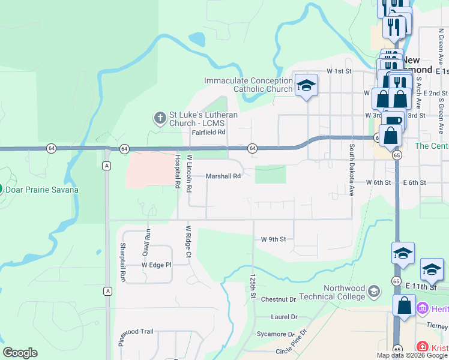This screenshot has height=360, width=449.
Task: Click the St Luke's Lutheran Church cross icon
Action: [x=160, y=118]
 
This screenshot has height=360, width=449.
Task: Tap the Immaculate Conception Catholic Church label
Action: [x=248, y=85]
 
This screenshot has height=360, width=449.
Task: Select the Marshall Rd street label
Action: [x=223, y=176]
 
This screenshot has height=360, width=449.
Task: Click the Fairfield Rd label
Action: [x=208, y=132]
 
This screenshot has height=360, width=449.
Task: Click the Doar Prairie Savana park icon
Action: [x=0, y=190]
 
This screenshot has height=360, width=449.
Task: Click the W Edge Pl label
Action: [x=156, y=265]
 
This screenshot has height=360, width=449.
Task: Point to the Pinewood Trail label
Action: [x=137, y=331]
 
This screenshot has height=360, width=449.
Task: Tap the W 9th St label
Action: [x=274, y=239]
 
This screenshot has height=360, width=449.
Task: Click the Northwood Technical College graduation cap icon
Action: [x=373, y=292]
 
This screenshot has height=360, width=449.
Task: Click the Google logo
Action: [x=20, y=353]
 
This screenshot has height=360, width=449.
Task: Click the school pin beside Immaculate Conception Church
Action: [x=306, y=85]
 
